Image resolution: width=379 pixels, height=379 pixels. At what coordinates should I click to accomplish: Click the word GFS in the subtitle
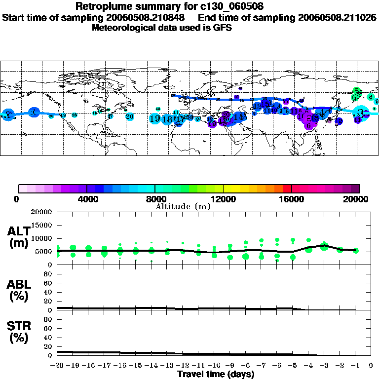tap(223, 28)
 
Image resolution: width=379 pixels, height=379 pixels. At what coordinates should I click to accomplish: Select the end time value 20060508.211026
tap(337, 17)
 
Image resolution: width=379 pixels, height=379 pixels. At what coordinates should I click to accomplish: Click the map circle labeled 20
tap(130, 116)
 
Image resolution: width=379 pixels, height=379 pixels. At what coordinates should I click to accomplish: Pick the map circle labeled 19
tap(154, 119)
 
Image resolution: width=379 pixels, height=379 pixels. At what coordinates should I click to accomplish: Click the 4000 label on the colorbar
tap(87, 199)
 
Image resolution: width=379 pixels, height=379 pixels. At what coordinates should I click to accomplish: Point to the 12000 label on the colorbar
tap(223, 199)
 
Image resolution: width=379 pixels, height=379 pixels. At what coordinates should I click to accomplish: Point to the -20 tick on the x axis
tap(57, 366)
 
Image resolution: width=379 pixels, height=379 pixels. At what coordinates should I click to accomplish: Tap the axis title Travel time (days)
tap(216, 374)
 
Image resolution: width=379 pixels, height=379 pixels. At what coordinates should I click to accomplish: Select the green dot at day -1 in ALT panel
tap(356, 250)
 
